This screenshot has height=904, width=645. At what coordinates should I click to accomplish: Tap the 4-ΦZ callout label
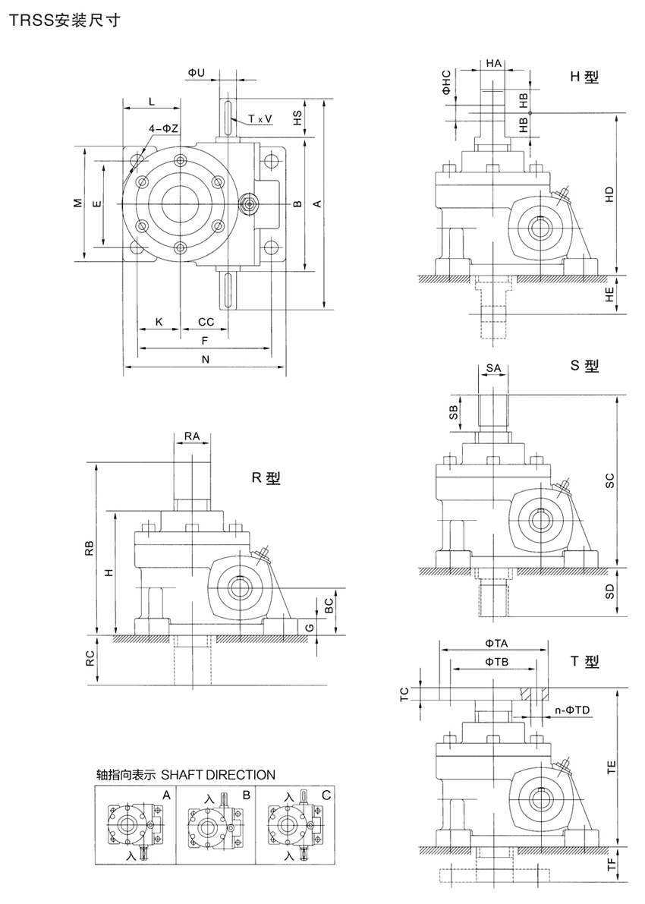[x=164, y=128]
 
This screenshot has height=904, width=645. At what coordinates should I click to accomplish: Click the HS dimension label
[x=298, y=118]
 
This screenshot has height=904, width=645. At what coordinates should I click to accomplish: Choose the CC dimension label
[x=206, y=322]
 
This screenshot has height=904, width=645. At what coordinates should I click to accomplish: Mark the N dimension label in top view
[x=205, y=360]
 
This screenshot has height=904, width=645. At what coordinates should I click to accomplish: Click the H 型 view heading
[x=584, y=77]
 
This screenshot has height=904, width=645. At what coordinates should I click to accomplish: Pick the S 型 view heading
[x=584, y=366]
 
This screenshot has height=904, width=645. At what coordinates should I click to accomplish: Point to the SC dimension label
[x=609, y=480]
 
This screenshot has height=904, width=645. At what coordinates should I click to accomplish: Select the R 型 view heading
[x=266, y=478]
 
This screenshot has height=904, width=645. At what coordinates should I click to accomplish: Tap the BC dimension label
[x=329, y=605]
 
